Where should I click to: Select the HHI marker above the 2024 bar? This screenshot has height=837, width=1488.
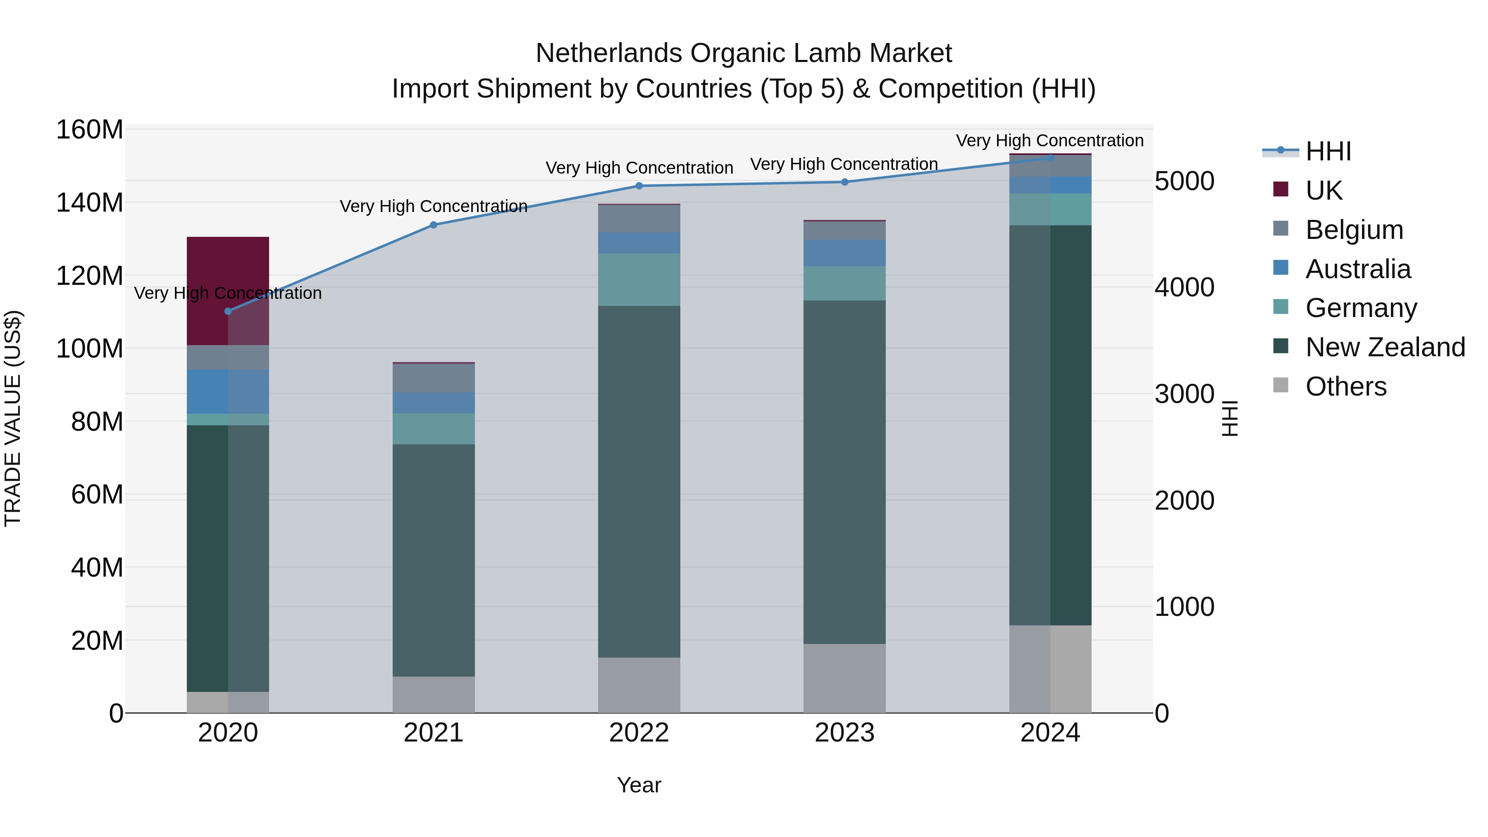pos(1050,158)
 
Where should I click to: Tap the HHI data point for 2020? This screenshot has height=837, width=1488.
pos(228,311)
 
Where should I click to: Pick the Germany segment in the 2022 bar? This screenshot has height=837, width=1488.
pos(639,279)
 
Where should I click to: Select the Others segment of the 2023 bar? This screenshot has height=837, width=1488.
pos(844,678)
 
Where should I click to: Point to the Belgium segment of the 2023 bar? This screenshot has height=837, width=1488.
pos(844,231)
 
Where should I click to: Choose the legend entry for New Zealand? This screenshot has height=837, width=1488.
pos(1385,347)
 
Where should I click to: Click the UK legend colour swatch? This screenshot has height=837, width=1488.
pos(1281,189)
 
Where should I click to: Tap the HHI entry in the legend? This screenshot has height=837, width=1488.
pos(1328,151)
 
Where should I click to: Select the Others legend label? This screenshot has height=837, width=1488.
pos(1346,386)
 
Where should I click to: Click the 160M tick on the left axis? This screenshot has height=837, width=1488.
pos(90,129)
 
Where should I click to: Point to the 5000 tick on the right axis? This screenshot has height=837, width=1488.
pos(1184,181)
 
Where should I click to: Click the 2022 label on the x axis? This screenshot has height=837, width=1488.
pos(639,733)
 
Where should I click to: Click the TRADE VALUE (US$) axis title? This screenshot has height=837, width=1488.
pos(13,418)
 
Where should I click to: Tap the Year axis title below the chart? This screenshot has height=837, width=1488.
pos(639,785)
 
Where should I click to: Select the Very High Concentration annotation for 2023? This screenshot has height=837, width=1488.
pos(844,164)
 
